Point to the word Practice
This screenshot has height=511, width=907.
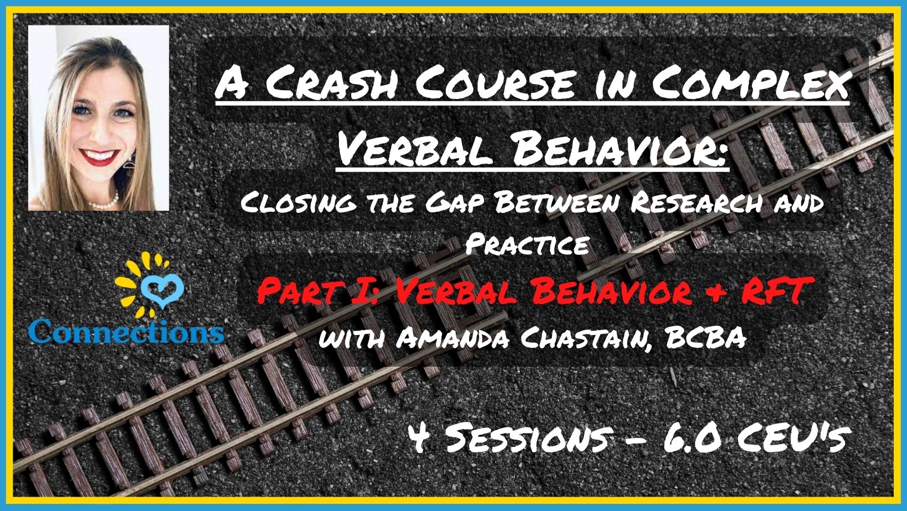point(527,243)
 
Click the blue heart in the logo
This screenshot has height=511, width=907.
point(161,291)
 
